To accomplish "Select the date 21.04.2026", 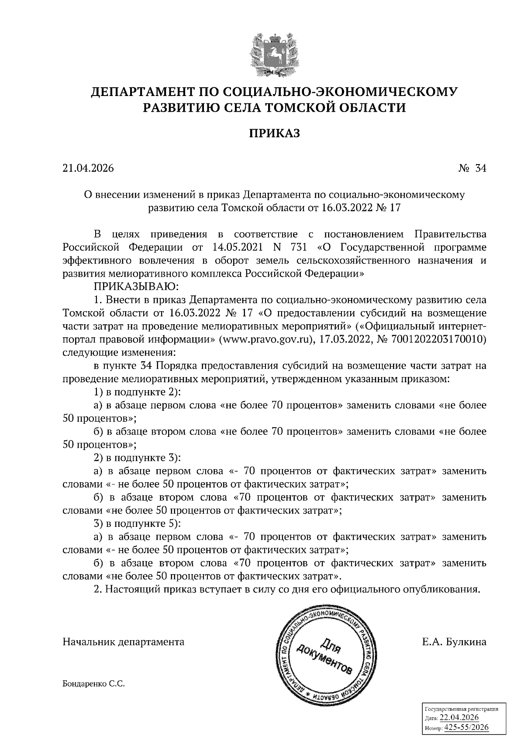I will [88, 168].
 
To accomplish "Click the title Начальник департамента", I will [124, 642].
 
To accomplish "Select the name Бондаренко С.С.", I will [94, 684].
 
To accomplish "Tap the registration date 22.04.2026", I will [459, 718].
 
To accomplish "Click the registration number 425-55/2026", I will [466, 727].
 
